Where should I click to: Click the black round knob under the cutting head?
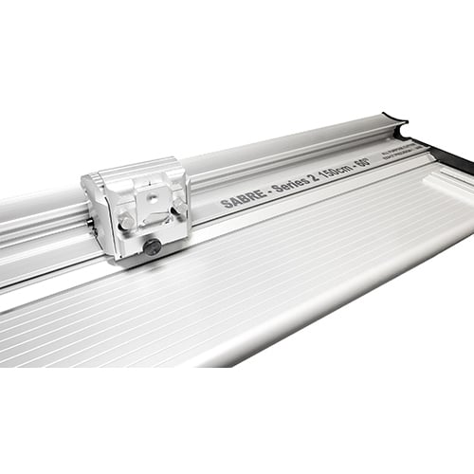pos(152,246)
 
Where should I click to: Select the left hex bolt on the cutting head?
pos(125,221)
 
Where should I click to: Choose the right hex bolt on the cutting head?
pos(177,206)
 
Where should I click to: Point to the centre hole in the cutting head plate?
pos(152,199)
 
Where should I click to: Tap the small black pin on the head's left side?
pos(92,226)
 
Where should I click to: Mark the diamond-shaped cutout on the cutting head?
pos(152,213)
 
